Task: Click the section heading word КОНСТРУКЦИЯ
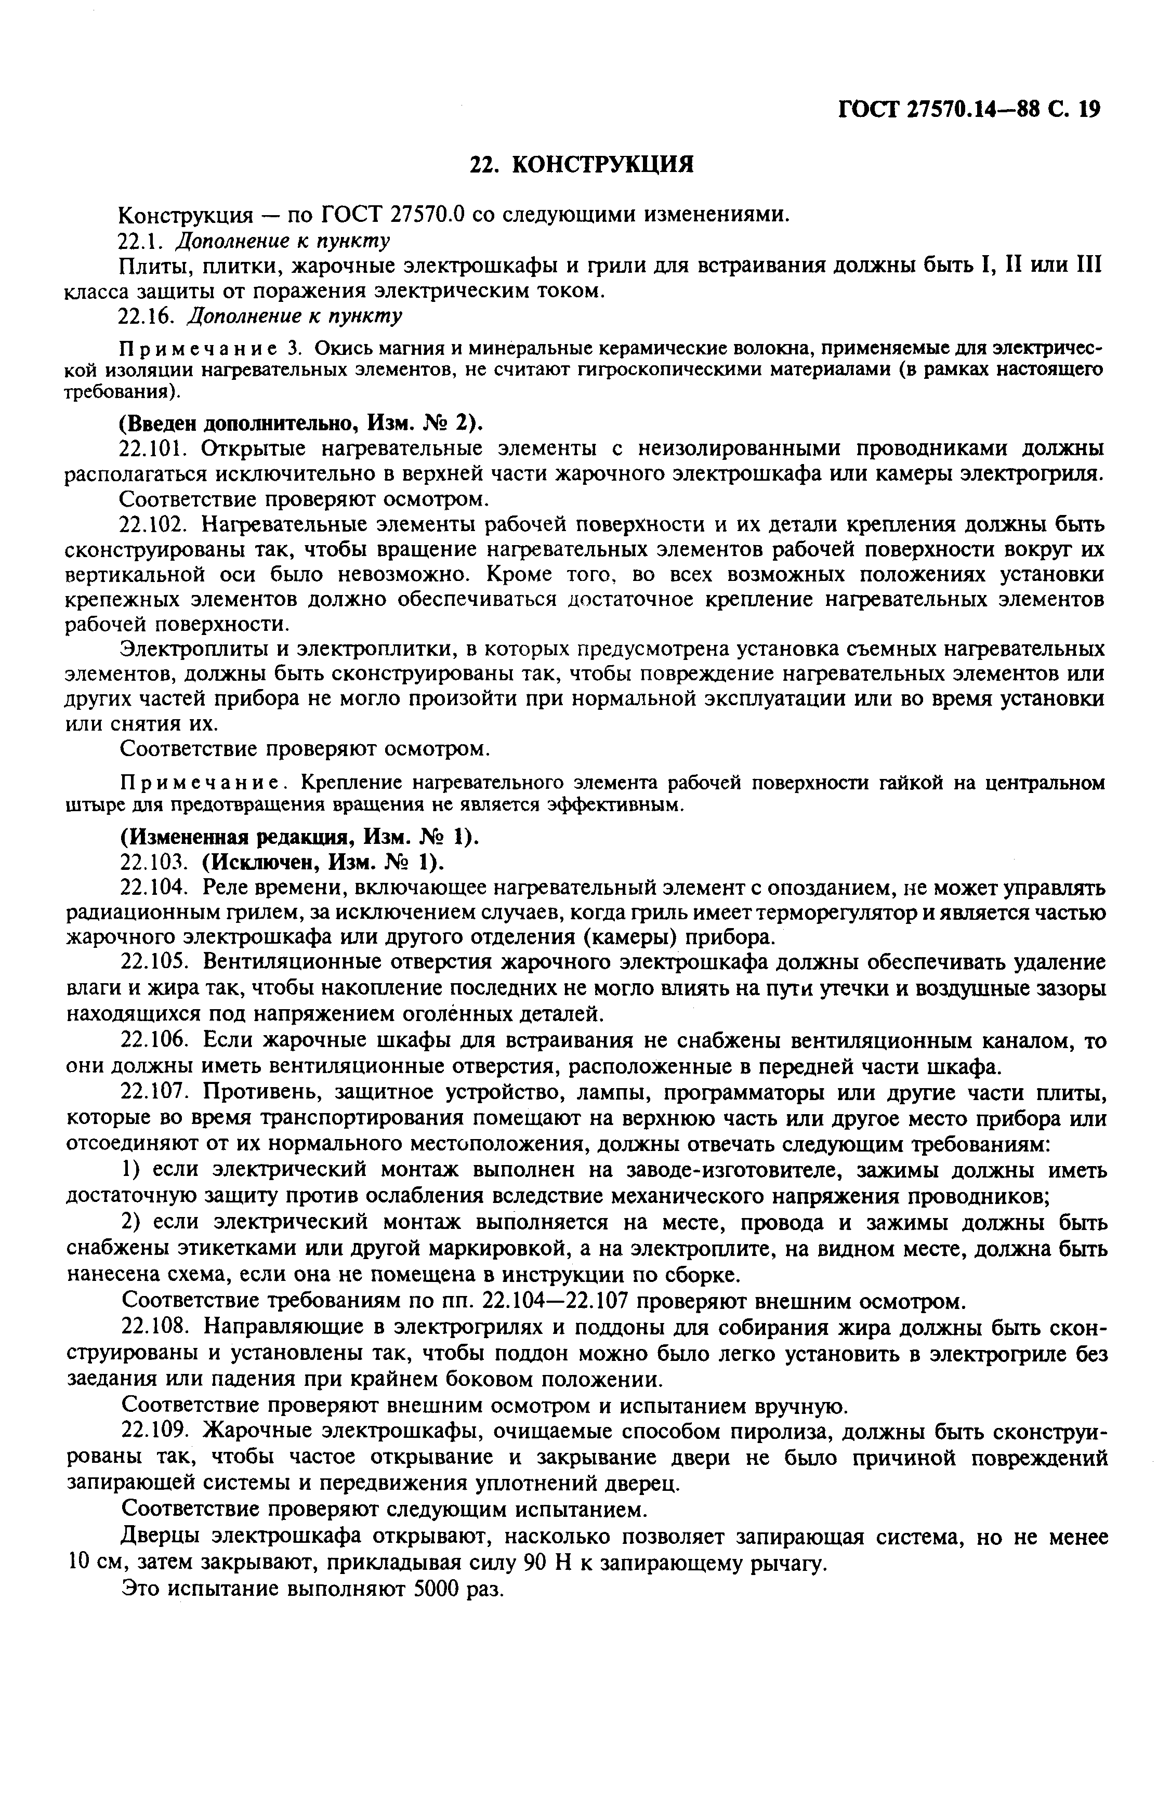click(602, 165)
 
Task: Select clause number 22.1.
click(143, 241)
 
